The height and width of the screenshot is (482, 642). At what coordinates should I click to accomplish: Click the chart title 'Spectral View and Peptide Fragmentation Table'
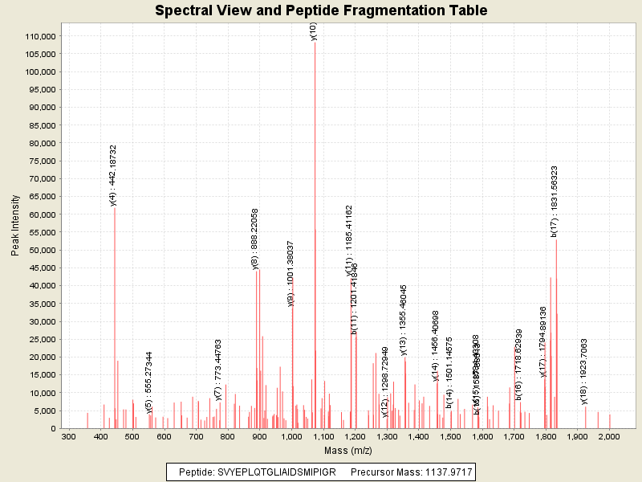click(x=321, y=11)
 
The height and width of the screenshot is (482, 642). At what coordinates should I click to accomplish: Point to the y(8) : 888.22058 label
click(x=255, y=239)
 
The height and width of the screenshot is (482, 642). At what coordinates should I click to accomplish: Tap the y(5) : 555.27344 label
click(x=149, y=383)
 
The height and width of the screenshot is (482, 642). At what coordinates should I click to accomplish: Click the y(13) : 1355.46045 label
click(x=404, y=319)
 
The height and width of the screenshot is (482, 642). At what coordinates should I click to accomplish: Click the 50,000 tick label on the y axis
click(x=40, y=250)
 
